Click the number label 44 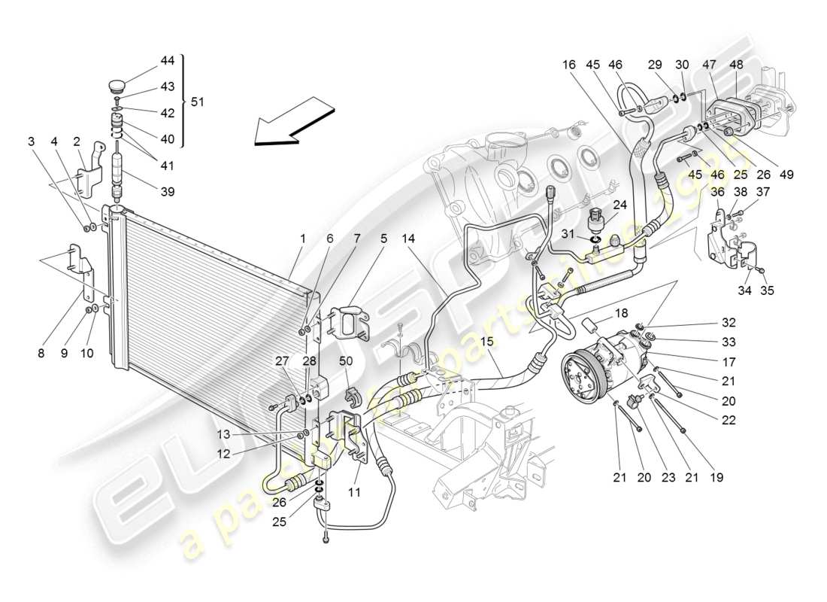pyautogui.click(x=167, y=60)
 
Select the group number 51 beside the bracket pyautogui.click(x=197, y=102)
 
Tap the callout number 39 pyautogui.click(x=167, y=192)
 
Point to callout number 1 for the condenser pyautogui.click(x=302, y=239)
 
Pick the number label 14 pyautogui.click(x=408, y=239)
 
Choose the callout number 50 pyautogui.click(x=346, y=362)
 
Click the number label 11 pyautogui.click(x=353, y=493)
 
